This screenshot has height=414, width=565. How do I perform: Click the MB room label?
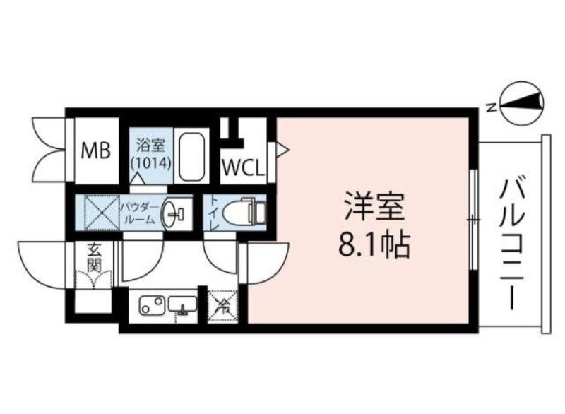(x=95, y=150)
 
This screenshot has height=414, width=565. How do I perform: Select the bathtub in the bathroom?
(x=191, y=156)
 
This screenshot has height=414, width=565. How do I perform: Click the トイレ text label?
(x=212, y=213)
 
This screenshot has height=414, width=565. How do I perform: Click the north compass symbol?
(x=523, y=105)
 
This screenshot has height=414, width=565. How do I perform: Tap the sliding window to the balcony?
(x=473, y=220)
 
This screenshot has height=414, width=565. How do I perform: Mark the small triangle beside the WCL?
(x=281, y=149)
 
